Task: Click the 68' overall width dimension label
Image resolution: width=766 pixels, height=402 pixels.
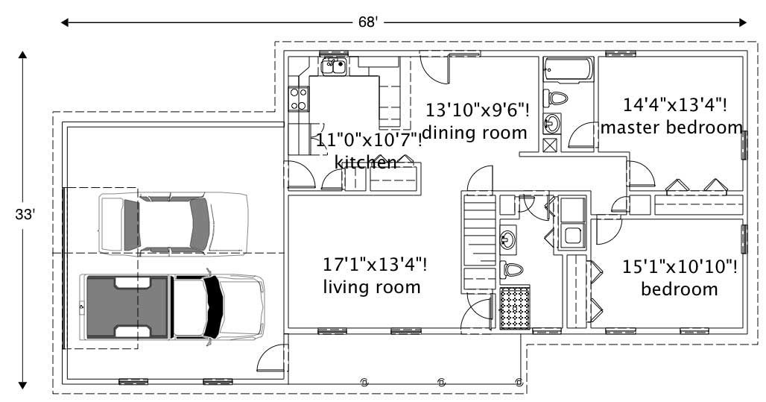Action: pos(369,22)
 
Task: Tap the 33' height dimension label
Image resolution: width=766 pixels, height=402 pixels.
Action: pos(25,214)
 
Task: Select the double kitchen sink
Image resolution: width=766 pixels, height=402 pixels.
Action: pos(333,67)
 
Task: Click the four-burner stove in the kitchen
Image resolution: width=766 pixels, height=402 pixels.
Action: pos(299,99)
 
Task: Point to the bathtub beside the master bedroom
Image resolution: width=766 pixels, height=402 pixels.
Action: pos(568,72)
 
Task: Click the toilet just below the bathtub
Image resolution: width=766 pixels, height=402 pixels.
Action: pos(556,98)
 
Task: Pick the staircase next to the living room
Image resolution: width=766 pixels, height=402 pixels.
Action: pos(480,241)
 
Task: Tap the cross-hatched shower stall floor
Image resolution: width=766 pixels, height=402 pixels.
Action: pos(514,306)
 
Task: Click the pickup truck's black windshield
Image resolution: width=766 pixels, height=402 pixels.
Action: pos(214,306)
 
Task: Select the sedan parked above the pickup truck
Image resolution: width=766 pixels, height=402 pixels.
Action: pos(173,222)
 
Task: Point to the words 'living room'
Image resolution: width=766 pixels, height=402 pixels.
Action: pos(371,287)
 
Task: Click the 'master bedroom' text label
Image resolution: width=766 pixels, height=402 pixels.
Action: pos(671,128)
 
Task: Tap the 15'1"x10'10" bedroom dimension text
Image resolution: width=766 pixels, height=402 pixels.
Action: pos(680,267)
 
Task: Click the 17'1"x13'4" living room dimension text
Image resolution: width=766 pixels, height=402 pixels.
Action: pos(375,264)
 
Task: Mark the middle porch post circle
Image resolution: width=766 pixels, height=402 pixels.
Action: pos(441,382)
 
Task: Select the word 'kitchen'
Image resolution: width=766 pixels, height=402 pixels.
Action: pos(365,162)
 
